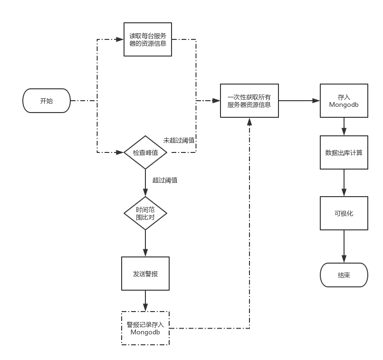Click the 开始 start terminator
pyautogui.click(x=47, y=101)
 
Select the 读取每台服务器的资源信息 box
pyautogui.click(x=147, y=39)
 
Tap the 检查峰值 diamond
pyautogui.click(x=145, y=152)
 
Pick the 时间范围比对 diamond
pyautogui.click(x=145, y=213)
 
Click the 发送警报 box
pyautogui.click(x=145, y=274)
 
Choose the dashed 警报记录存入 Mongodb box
pyautogui.click(x=145, y=328)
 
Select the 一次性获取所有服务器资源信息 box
pyautogui.click(x=249, y=101)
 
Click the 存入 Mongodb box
pyautogui.click(x=344, y=101)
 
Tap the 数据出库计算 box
pyautogui.click(x=344, y=152)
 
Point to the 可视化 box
pyautogui.click(x=344, y=213)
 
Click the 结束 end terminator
pyautogui.click(x=344, y=275)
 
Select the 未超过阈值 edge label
pyautogui.click(x=179, y=141)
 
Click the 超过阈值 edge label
pyautogui.click(x=165, y=180)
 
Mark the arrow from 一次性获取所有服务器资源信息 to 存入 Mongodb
pyautogui.click(x=299, y=101)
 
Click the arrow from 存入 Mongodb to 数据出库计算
pyautogui.click(x=344, y=126)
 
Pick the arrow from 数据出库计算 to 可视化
pyautogui.click(x=344, y=183)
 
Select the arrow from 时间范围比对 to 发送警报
pyautogui.click(x=145, y=244)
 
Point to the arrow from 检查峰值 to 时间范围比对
pyautogui.click(x=145, y=183)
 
